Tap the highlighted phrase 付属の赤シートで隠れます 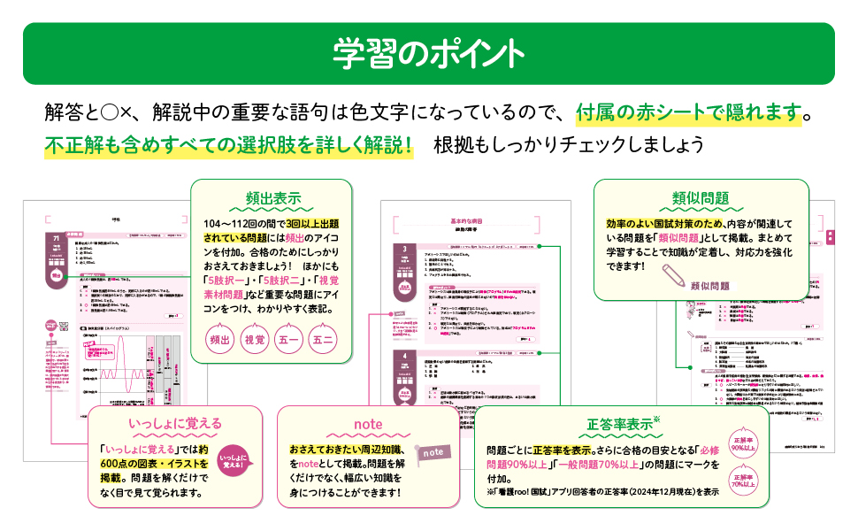click(688, 113)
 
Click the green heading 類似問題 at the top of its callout click(701, 196)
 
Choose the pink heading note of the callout click(368, 424)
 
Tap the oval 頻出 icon click(221, 339)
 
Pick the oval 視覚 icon click(255, 339)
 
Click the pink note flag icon click(433, 451)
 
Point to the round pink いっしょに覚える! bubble click(232, 464)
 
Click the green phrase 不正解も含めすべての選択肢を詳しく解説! click(230, 144)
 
